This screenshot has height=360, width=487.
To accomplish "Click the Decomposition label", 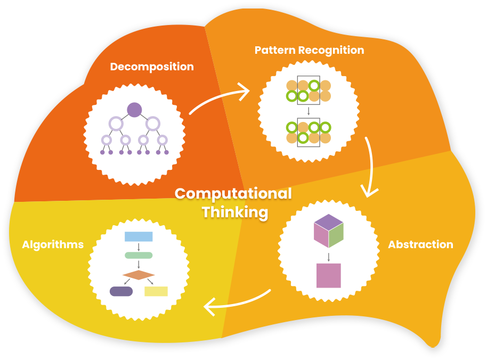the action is click(152, 67).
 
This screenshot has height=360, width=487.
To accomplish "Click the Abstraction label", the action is click(420, 244).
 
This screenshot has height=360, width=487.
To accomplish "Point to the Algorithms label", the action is click(53, 245).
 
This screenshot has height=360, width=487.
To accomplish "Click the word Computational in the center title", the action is click(233, 194).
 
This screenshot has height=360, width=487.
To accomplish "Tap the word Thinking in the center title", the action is click(235, 213).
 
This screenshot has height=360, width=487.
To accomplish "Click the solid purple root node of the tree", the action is click(134, 110).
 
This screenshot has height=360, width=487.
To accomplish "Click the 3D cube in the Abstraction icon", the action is click(329, 231).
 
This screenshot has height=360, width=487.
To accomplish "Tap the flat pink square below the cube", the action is click(329, 275).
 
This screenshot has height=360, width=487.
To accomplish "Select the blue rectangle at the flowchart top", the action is click(139, 236).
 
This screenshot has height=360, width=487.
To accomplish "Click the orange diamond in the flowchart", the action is click(139, 275).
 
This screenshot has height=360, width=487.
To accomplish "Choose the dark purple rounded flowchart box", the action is click(121, 291).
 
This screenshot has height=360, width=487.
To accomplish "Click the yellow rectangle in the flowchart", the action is click(156, 291).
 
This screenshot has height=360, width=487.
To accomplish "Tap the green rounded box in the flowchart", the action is click(139, 256).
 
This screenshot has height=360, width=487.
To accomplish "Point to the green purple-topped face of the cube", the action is click(336, 235).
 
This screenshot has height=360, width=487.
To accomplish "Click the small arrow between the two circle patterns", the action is click(309, 111).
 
